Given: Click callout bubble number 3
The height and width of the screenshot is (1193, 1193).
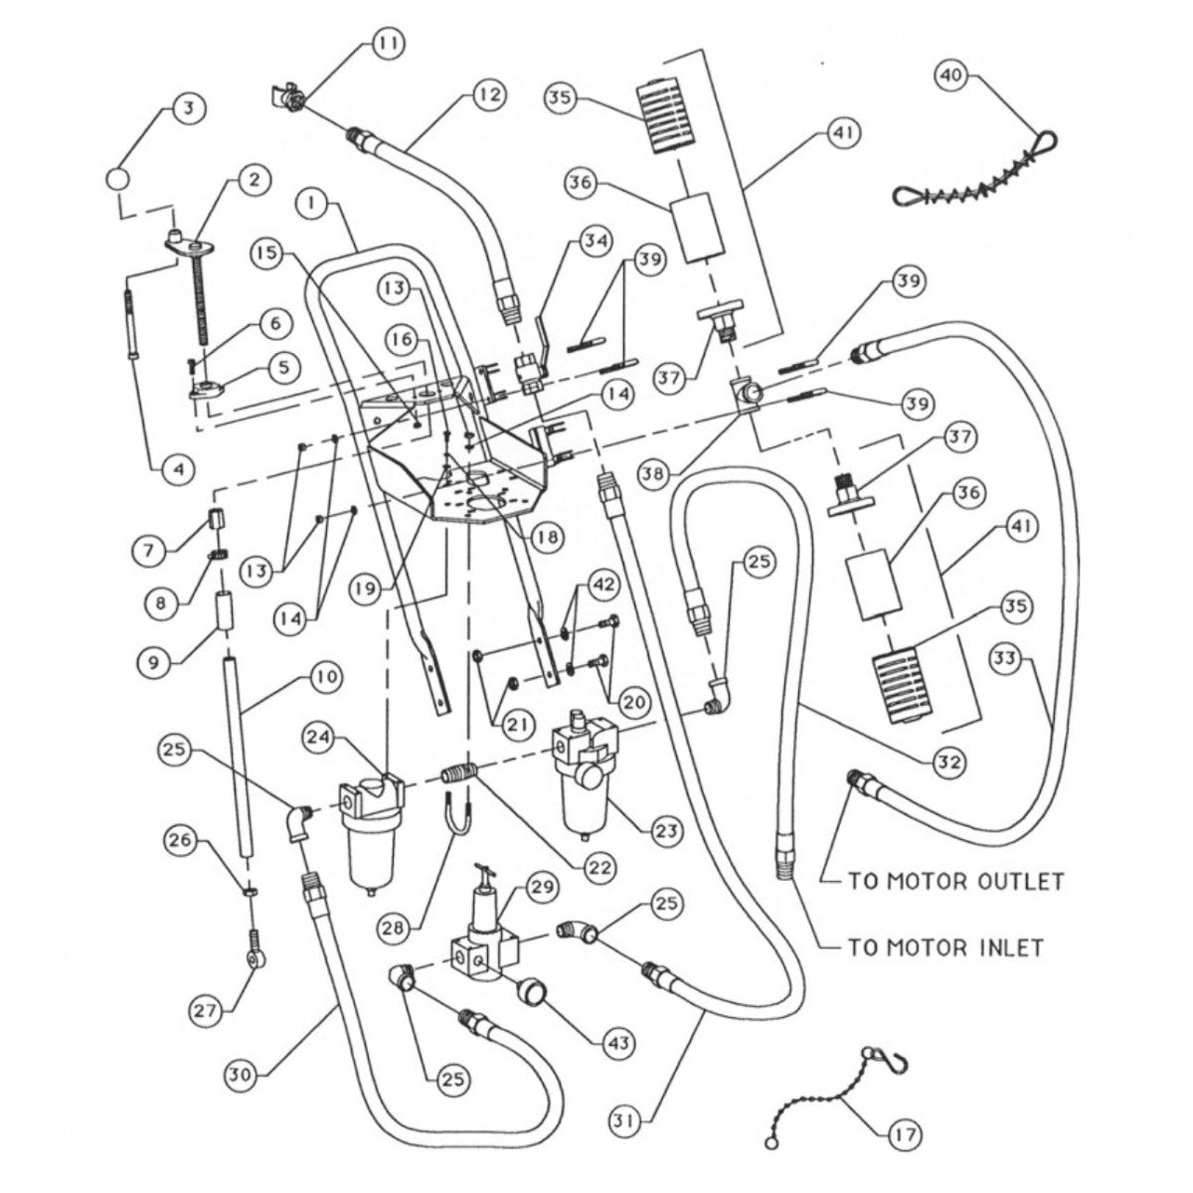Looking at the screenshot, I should coord(186,106).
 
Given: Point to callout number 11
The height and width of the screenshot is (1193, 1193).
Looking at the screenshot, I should coord(388,43).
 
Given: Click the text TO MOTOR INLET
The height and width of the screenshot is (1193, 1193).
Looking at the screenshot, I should coord(945,947).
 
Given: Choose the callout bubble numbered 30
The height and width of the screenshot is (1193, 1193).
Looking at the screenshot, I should coord(241,1075).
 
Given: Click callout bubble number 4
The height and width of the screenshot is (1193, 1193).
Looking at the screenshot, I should coord(180,466).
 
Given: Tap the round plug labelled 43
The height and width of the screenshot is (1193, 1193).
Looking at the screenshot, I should coord(537,991).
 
